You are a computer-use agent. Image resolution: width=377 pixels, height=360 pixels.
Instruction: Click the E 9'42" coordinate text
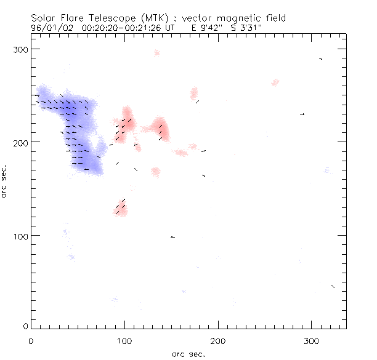[204, 28]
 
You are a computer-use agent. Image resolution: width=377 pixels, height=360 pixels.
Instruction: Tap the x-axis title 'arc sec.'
[189, 354]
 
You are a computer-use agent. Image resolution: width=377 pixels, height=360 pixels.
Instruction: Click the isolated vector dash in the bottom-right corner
[333, 286]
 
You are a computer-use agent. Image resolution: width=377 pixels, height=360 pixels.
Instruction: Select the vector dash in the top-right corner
[320, 58]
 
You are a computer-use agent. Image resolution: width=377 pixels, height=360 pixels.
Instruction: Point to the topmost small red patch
[156, 53]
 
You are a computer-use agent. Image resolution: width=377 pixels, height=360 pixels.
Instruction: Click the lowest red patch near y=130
[121, 209]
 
